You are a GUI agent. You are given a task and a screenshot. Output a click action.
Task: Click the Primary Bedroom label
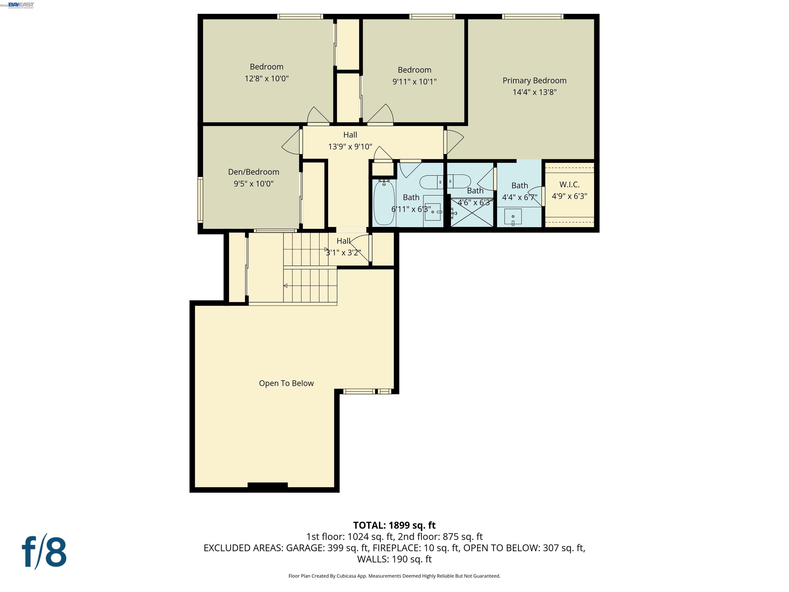click(x=534, y=81)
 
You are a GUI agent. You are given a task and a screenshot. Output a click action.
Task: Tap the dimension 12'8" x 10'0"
click(x=266, y=79)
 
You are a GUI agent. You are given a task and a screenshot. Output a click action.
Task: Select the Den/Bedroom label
click(x=253, y=172)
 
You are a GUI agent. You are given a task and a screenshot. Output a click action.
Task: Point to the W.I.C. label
click(x=569, y=184)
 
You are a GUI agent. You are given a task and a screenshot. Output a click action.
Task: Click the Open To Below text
click(x=286, y=383)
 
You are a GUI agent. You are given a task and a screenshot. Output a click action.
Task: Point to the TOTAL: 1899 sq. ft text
click(x=394, y=525)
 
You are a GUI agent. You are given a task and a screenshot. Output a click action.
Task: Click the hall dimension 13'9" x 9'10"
click(x=350, y=147)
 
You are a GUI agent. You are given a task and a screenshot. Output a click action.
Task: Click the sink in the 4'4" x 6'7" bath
click(x=513, y=217)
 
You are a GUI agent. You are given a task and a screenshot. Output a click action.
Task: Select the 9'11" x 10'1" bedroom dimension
click(x=415, y=82)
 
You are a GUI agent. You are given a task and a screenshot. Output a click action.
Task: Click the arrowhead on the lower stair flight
click(x=286, y=285)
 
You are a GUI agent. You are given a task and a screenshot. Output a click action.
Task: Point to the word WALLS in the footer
click(x=373, y=559)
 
